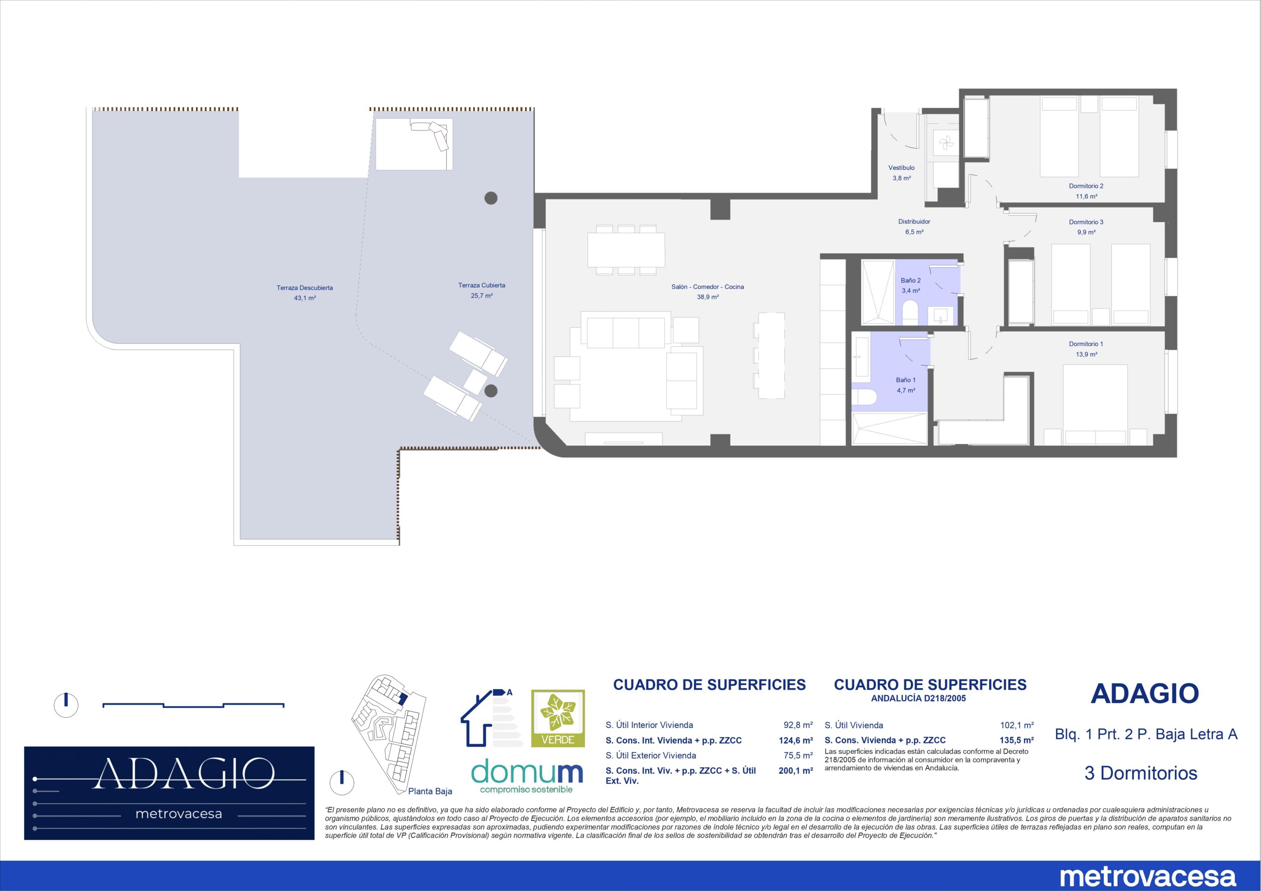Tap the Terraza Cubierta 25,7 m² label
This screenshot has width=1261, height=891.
482,290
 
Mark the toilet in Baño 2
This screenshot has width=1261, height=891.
911,313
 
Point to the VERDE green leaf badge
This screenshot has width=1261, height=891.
558,718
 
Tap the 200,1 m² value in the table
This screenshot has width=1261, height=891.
796,771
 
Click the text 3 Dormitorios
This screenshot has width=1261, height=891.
1141,773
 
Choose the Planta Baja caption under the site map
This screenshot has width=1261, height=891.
430,792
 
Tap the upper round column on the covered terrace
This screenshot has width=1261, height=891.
491,198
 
